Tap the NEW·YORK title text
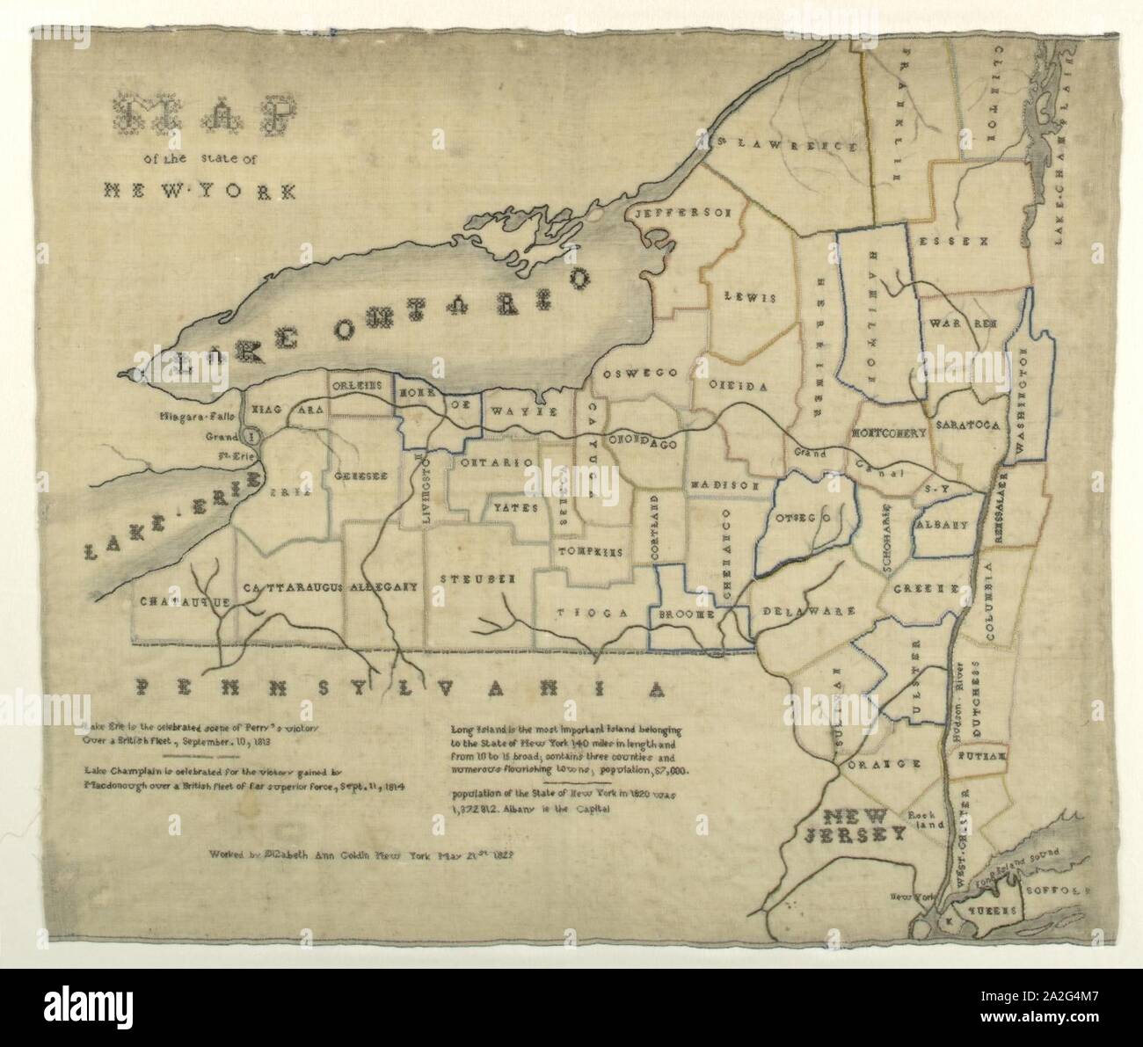tap(200, 189)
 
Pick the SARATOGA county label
tap(968, 425)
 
